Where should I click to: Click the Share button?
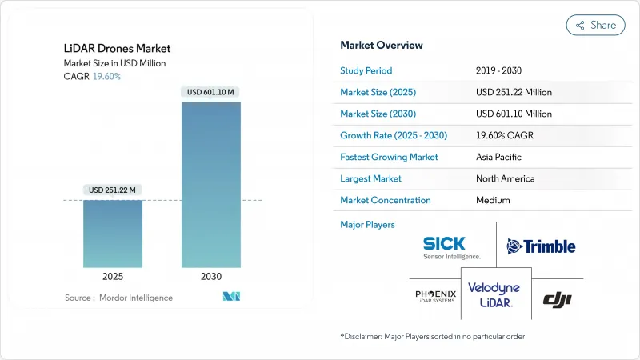[x=595, y=25]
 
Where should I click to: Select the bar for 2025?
[x=113, y=234]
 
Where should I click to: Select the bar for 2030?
[x=210, y=184]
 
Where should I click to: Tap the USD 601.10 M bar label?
[x=210, y=92]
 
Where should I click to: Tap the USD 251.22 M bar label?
[x=113, y=190]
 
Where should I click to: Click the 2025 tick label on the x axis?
[x=113, y=276]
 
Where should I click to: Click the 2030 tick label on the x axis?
[x=210, y=276]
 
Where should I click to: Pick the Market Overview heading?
[x=382, y=45]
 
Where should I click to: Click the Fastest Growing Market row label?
[x=389, y=157]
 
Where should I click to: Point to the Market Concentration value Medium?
[x=494, y=200]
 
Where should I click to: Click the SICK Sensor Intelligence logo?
[x=452, y=247]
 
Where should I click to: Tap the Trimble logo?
[x=541, y=246]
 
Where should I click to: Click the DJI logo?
[x=557, y=299]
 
